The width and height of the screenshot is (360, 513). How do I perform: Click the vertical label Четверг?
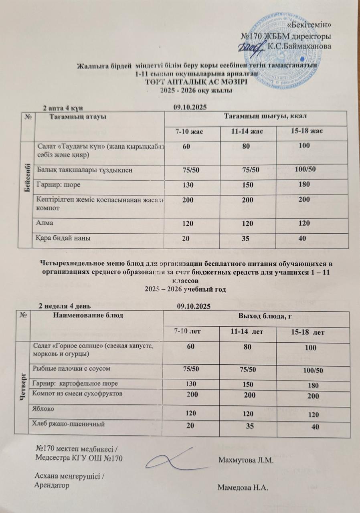[x=22, y=387]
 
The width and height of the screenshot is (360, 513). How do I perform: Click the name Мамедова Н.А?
[x=243, y=488]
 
